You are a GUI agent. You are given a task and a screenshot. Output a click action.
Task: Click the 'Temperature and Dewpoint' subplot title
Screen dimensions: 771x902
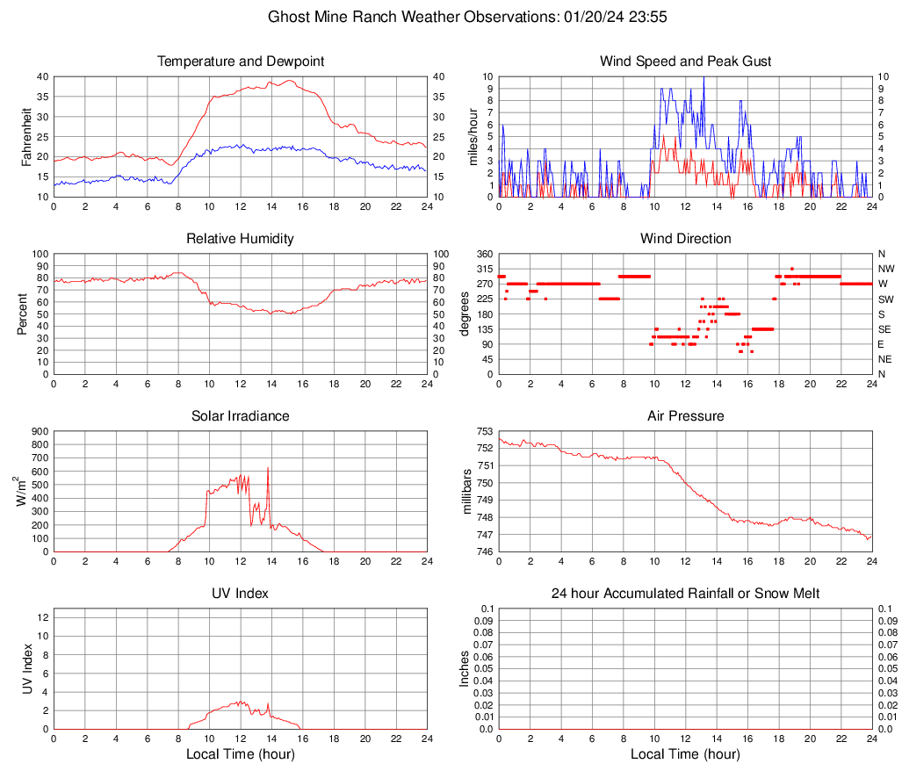pyautogui.click(x=241, y=61)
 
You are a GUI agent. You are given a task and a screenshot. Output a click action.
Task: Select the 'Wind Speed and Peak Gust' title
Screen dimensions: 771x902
pyautogui.click(x=685, y=61)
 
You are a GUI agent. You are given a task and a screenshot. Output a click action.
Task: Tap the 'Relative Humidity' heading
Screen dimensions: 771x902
pyautogui.click(x=241, y=239)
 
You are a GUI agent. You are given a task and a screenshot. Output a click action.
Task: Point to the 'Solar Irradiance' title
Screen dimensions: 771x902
pyautogui.click(x=241, y=416)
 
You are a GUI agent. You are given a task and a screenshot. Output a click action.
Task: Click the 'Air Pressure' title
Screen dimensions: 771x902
pyautogui.click(x=685, y=416)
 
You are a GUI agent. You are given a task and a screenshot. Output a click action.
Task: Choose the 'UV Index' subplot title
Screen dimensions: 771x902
pyautogui.click(x=241, y=594)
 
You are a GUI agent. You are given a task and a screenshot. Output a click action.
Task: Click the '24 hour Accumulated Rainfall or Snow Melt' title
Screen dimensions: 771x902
pyautogui.click(x=685, y=594)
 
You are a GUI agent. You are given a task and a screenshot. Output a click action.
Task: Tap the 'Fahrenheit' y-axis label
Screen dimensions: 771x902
pyautogui.click(x=25, y=137)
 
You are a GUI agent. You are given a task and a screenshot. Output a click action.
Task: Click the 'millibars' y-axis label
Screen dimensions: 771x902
pyautogui.click(x=468, y=492)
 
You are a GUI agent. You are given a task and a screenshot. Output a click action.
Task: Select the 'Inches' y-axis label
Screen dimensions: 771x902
pyautogui.click(x=465, y=668)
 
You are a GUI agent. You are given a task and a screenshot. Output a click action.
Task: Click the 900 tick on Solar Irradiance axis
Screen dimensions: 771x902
pyautogui.click(x=40, y=431)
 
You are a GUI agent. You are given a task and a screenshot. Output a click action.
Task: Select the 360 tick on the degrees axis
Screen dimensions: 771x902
pyautogui.click(x=484, y=254)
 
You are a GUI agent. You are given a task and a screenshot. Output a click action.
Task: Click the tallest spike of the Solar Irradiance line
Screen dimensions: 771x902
pyautogui.click(x=267, y=468)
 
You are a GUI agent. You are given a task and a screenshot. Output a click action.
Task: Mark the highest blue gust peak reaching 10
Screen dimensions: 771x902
pyautogui.click(x=704, y=78)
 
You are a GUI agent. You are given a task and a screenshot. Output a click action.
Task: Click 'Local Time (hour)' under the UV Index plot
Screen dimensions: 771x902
pyautogui.click(x=241, y=754)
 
